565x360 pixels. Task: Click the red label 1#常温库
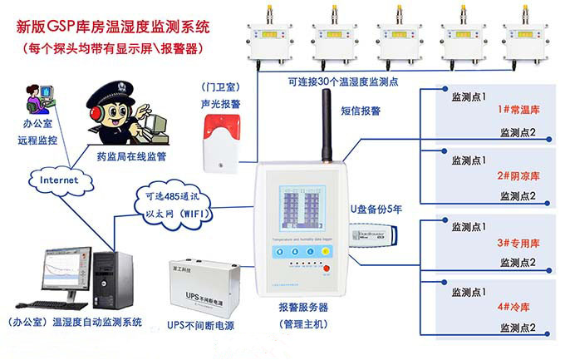(519, 109)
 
